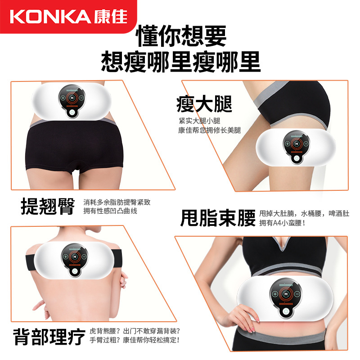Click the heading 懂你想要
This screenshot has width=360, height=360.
(x=181, y=36)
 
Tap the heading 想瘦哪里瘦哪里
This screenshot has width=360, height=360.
(x=181, y=62)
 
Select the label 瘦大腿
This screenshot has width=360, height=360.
(x=204, y=104)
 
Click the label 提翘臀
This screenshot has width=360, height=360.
(x=48, y=207)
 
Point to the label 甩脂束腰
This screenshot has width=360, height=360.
(x=218, y=218)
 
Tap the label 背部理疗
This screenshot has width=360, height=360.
(x=49, y=337)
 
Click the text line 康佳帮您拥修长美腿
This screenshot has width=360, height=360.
(x=209, y=130)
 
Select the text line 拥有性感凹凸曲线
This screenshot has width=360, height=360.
(x=110, y=211)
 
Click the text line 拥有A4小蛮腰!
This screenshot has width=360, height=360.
(x=282, y=223)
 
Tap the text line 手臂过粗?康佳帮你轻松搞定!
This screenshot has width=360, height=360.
(x=135, y=340)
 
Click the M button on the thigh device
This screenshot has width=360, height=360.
(x=297, y=144)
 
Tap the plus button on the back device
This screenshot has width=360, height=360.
(x=65, y=257)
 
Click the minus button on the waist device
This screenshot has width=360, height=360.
(x=297, y=294)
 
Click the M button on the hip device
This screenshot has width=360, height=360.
(x=72, y=98)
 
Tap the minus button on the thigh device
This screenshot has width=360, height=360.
(x=306, y=144)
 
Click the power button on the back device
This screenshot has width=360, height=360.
(x=74, y=271)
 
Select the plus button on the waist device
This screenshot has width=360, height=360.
(x=275, y=294)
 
